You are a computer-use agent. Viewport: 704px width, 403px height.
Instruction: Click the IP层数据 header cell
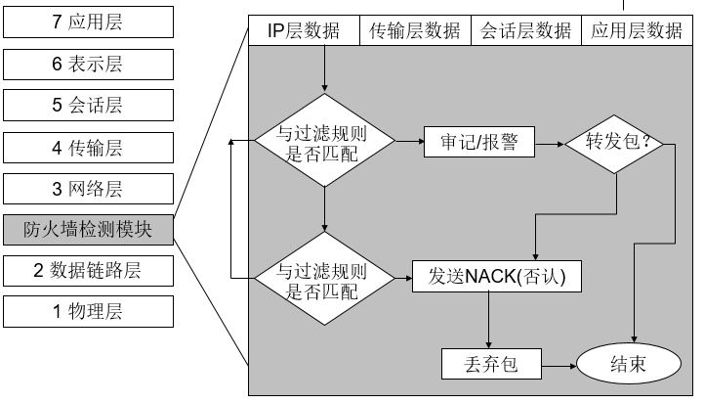tap(305, 30)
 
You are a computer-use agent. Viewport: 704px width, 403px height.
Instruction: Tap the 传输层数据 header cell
tap(415, 30)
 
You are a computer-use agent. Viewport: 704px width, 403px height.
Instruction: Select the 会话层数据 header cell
tap(526, 30)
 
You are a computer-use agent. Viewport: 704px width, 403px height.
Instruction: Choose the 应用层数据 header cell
tap(637, 30)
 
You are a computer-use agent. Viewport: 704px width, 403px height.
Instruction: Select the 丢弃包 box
tap(490, 365)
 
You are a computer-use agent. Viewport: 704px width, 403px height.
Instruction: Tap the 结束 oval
tap(627, 365)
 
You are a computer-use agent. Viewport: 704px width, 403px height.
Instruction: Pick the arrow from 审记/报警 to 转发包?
tap(550, 143)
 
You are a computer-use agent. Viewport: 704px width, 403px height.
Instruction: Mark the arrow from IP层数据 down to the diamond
tap(323, 67)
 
